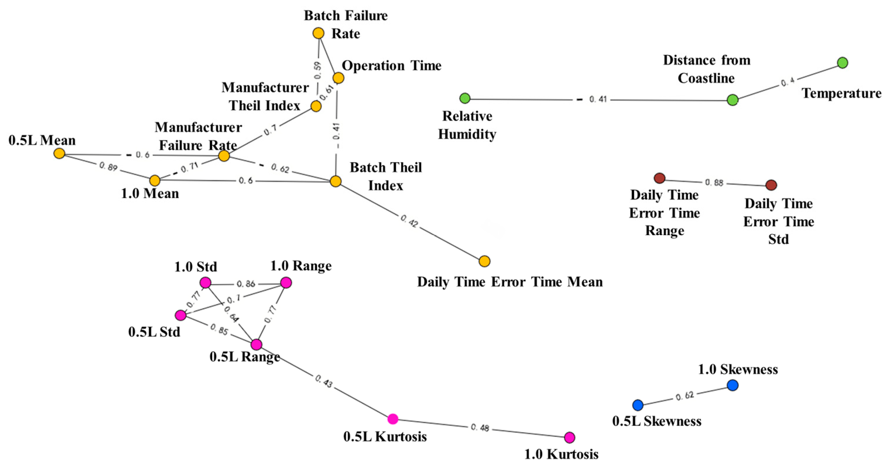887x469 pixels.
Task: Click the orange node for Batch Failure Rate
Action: tap(318, 33)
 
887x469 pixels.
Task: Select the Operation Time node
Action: tap(338, 78)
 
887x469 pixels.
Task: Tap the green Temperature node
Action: tap(842, 63)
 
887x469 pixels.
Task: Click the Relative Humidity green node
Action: tap(465, 98)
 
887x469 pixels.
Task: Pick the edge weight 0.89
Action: tap(108, 167)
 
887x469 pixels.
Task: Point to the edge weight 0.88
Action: tap(714, 182)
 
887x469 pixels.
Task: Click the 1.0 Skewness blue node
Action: tap(732, 385)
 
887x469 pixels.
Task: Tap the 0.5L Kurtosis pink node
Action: tap(392, 419)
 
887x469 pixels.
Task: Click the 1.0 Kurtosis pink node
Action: tap(569, 437)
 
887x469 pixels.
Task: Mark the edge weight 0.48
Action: tap(480, 428)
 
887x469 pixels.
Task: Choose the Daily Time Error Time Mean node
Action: tap(484, 261)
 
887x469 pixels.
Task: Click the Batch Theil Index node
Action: tap(335, 181)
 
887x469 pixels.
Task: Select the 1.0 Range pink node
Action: tap(286, 283)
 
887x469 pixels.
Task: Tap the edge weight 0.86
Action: tap(245, 284)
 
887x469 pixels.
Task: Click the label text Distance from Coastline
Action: tap(706, 69)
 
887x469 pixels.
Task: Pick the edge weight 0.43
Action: tap(323, 381)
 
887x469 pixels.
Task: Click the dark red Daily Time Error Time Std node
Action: tap(771, 185)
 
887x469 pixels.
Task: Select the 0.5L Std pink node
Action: tap(180, 315)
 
